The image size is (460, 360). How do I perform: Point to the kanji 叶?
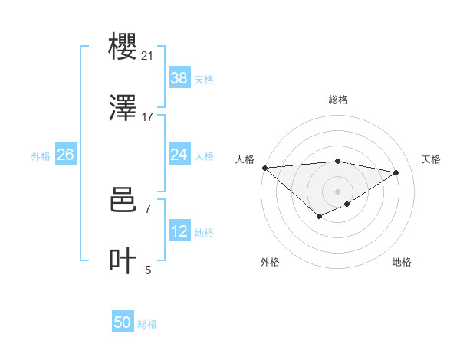[123, 261]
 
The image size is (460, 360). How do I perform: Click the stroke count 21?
[147, 56]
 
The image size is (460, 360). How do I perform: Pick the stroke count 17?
[147, 117]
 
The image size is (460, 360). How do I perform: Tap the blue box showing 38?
[179, 77]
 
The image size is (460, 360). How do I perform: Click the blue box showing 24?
[179, 155]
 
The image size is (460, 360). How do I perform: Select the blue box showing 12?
[179, 231]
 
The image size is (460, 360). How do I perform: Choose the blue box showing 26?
[65, 155]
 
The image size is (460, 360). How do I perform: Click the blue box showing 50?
[123, 322]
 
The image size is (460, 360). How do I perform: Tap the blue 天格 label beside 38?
[204, 79]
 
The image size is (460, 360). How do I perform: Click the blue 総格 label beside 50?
[147, 324]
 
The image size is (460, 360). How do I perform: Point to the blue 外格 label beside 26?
[41, 156]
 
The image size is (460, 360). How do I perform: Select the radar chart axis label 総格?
[338, 100]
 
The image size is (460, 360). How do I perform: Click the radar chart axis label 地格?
[402, 262]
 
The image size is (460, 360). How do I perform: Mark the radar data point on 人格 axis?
[264, 167]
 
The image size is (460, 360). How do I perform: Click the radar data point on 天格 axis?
[396, 172]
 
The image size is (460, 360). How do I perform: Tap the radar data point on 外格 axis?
[319, 218]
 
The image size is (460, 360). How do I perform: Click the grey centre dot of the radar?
[338, 191]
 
